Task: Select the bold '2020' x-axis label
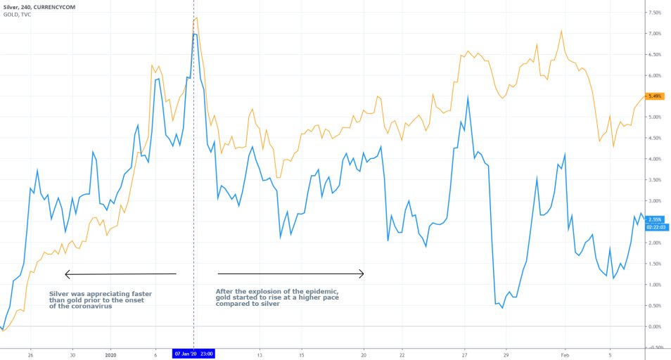110,354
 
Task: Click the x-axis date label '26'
31,354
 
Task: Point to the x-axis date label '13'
260,354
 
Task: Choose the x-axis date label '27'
465,354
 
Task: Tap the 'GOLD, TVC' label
18,14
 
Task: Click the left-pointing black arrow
120,274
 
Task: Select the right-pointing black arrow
290,274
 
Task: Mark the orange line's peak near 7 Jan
196,18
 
